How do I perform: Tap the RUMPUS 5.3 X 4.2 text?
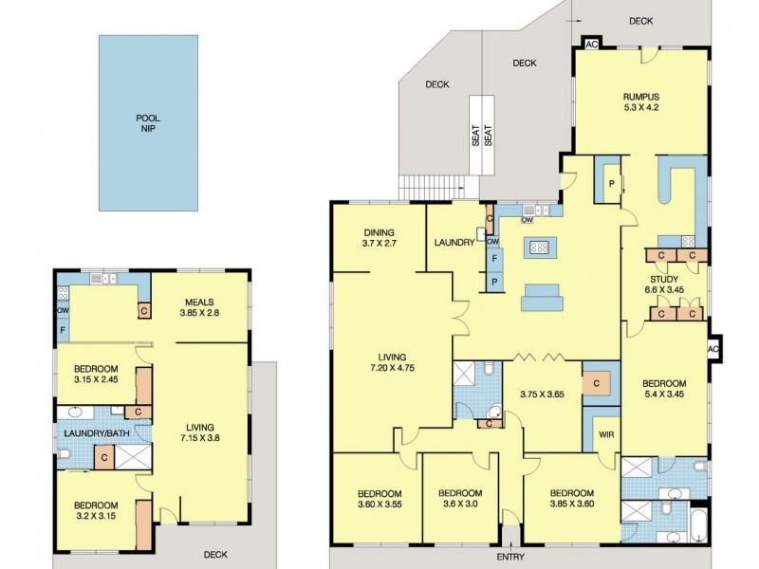pyautogui.click(x=640, y=102)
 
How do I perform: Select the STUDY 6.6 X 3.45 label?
pyautogui.click(x=664, y=284)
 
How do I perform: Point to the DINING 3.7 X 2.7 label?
pyautogui.click(x=379, y=238)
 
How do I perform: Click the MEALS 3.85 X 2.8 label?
pyautogui.click(x=206, y=309)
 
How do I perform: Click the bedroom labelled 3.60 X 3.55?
pyautogui.click(x=379, y=500)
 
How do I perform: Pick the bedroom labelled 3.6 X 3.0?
pyautogui.click(x=459, y=500)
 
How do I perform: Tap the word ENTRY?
pyautogui.click(x=511, y=558)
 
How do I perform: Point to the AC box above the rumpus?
pyautogui.click(x=589, y=45)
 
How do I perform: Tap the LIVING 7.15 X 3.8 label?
pyautogui.click(x=200, y=433)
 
